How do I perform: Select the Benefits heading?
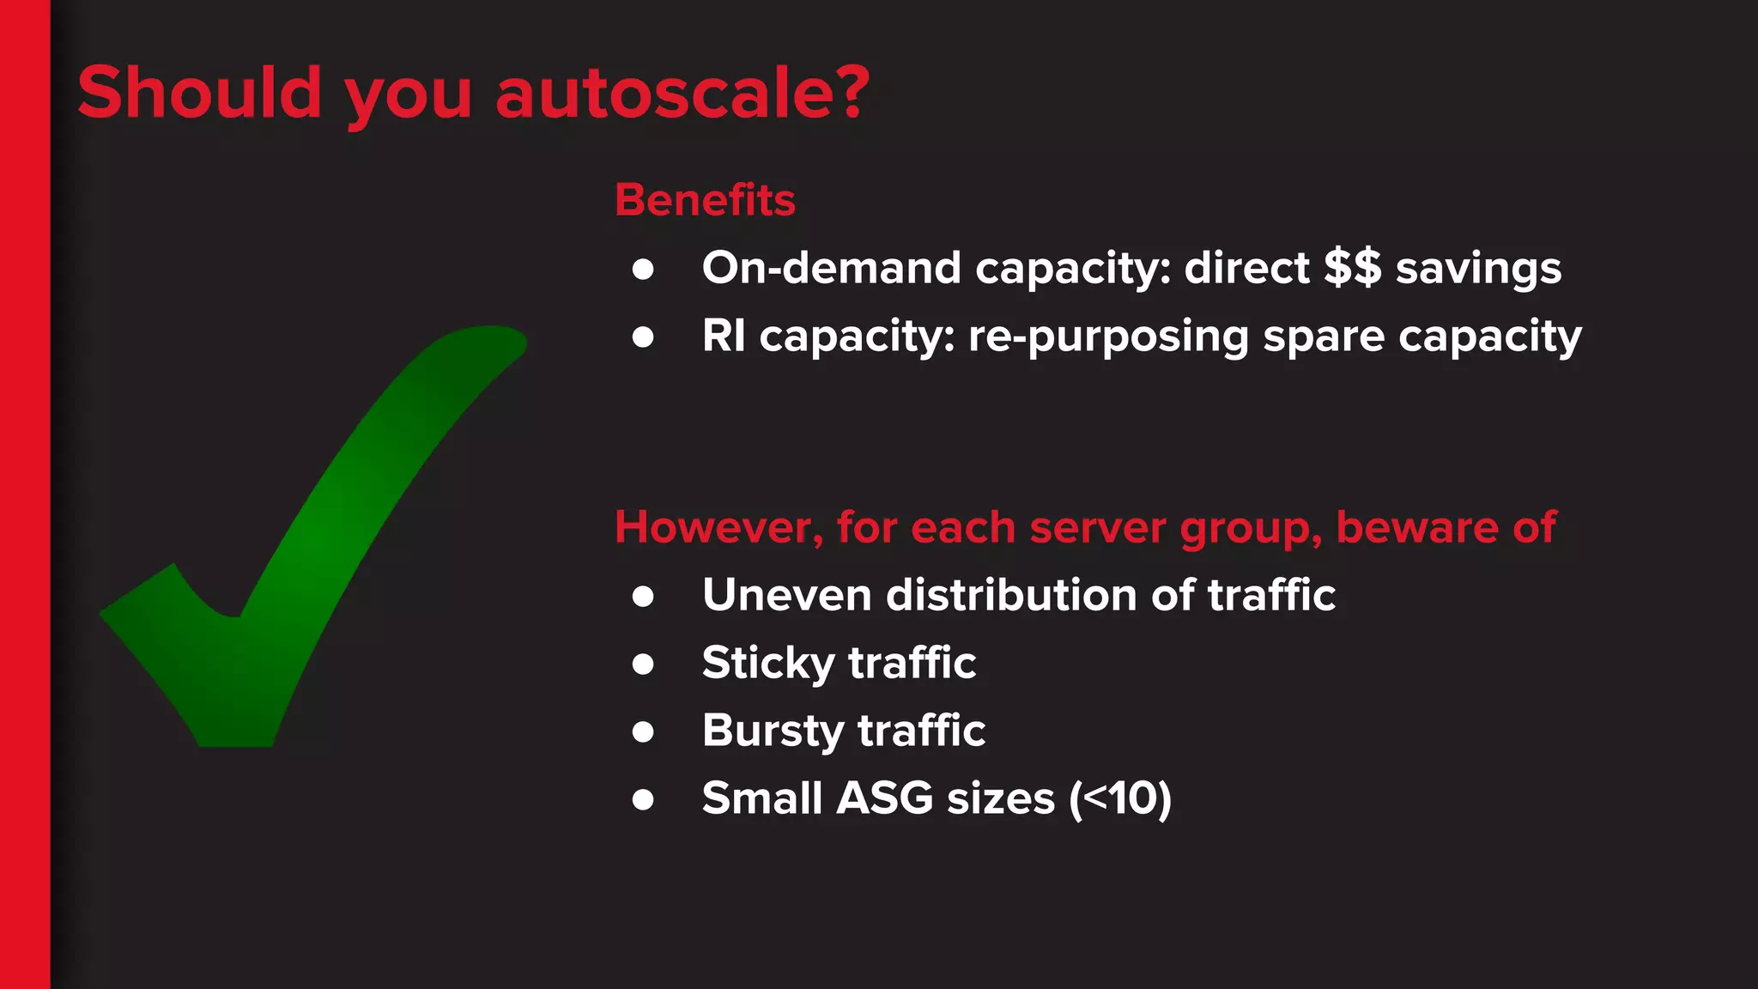click(x=705, y=200)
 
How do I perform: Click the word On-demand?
click(x=831, y=268)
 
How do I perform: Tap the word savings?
click(x=1478, y=270)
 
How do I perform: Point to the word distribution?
click(x=1011, y=595)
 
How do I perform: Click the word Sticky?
click(x=768, y=664)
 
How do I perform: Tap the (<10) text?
click(x=1120, y=798)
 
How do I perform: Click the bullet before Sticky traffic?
click(x=643, y=664)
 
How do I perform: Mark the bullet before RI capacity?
click(x=643, y=337)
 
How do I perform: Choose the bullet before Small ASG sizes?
click(x=643, y=799)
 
